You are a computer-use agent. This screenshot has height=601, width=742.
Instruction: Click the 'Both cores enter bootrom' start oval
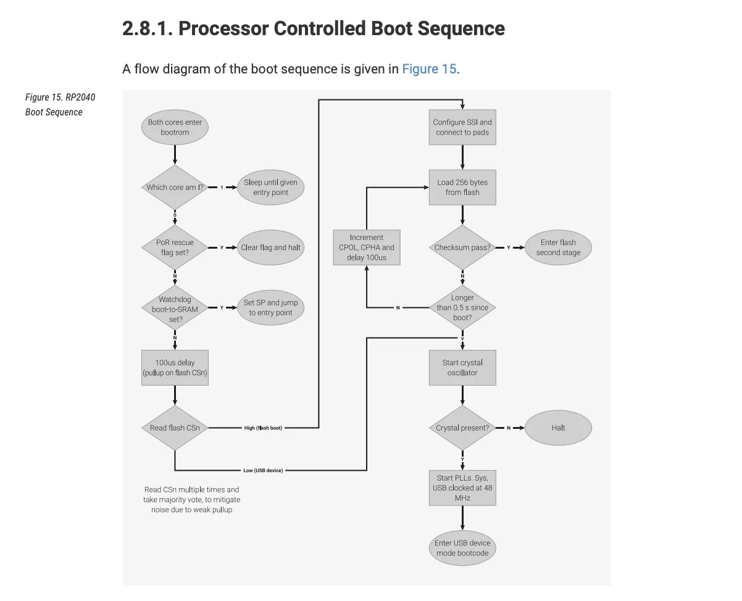coord(175,127)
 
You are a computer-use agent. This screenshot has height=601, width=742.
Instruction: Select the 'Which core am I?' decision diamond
coord(175,187)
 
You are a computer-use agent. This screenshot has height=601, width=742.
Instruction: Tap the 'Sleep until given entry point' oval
coord(270,187)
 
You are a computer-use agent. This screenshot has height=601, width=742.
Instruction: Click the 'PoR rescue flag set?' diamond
coord(175,247)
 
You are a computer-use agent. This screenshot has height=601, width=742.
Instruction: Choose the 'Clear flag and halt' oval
coord(270,247)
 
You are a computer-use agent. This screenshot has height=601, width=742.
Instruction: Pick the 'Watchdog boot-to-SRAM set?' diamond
coord(175,308)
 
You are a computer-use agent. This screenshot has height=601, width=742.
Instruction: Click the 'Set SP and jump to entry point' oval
coord(270,308)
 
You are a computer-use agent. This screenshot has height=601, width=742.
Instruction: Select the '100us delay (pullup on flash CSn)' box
coord(175,368)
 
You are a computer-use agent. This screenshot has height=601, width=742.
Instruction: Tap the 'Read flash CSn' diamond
coord(175,428)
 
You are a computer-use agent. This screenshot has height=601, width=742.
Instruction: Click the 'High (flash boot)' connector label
coord(263,428)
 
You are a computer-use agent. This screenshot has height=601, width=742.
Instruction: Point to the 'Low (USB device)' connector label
coord(263,470)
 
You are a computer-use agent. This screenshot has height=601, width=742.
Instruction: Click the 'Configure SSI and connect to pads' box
coord(462,127)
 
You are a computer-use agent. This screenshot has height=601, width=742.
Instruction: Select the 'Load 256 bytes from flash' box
coord(462,187)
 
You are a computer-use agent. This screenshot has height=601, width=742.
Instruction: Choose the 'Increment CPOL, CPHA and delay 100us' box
coord(367,247)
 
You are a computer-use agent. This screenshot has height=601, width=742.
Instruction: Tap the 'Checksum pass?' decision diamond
coord(462,247)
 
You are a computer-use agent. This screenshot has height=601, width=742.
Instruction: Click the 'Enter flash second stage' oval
coord(558,247)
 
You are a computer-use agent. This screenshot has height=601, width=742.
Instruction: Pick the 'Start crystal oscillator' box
coord(462,368)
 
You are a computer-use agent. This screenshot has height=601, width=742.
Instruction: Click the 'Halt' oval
coord(558,428)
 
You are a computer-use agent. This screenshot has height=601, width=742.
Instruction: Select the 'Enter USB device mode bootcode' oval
coord(462,548)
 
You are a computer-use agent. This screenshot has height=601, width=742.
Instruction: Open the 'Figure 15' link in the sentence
coord(429,68)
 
